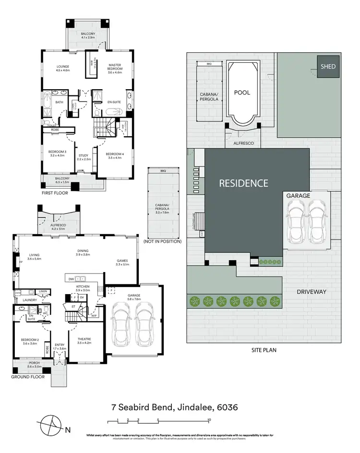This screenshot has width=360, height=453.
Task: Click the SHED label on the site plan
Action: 328,67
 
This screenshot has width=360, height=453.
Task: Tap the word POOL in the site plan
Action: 242,93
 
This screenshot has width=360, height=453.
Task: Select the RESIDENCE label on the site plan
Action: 243,183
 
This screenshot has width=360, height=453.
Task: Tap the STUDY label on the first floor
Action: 84,155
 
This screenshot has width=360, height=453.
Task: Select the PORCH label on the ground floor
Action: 34,363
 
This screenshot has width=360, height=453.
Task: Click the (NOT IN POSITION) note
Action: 165,241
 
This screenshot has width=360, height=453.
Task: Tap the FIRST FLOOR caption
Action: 54,193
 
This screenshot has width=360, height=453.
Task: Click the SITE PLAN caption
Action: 264,350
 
